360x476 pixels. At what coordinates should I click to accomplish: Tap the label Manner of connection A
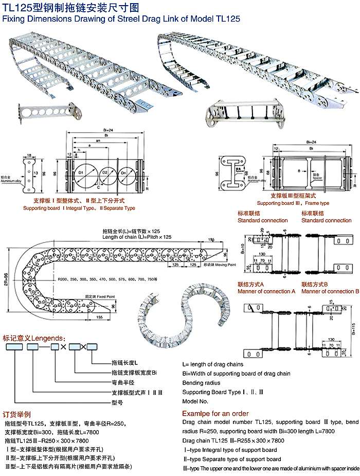[x=266, y=291]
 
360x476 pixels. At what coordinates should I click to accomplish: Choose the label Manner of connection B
[x=330, y=291]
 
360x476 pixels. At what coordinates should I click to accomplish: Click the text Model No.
[x=195, y=401]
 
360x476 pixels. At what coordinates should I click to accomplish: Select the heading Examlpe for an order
[x=215, y=413]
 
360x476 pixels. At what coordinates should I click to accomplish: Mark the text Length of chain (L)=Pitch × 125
[x=137, y=236]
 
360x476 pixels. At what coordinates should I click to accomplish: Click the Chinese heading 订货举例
[x=17, y=414]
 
